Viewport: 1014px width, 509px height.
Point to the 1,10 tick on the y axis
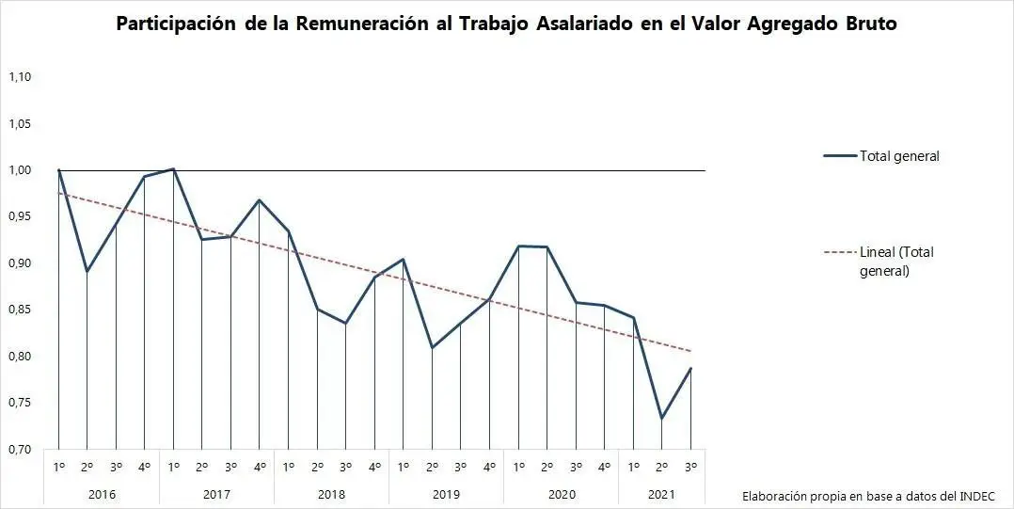click(x=20, y=77)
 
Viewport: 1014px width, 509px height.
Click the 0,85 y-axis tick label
click(x=20, y=310)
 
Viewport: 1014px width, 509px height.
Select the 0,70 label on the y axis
click(x=20, y=449)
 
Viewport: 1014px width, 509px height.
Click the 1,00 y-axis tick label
click(x=20, y=170)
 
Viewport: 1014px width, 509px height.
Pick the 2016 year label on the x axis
click(x=102, y=492)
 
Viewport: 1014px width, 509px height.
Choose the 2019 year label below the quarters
click(x=446, y=492)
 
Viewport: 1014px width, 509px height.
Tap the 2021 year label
click(x=662, y=492)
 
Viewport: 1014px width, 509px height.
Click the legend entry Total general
click(x=898, y=156)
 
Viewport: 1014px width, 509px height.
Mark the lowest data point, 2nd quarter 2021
click(x=662, y=419)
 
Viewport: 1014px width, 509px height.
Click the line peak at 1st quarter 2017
click(x=173, y=169)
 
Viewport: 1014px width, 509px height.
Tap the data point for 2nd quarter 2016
click(x=87, y=272)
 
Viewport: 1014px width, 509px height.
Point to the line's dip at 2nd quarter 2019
click(x=432, y=347)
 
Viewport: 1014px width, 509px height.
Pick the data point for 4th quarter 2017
click(x=260, y=199)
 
